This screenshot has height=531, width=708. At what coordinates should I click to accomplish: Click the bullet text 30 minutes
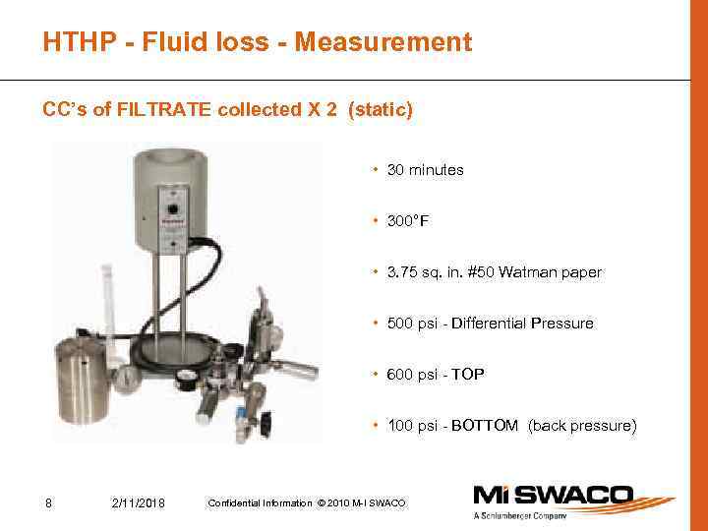point(425,170)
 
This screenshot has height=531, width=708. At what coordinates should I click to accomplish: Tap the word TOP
point(467,375)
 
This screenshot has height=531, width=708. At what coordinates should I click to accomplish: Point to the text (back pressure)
point(582,426)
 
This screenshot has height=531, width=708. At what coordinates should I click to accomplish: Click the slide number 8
point(48,504)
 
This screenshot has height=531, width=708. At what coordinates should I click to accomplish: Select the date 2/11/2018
point(140,504)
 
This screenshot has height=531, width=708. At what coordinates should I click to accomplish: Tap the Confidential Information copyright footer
point(307,504)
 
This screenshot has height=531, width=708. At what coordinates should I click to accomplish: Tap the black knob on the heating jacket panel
point(172,209)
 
